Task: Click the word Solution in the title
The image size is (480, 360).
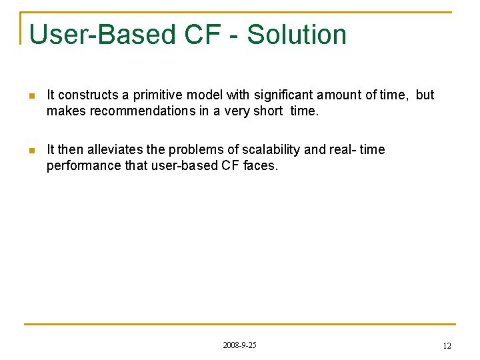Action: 297,35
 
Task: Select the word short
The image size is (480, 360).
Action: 267,111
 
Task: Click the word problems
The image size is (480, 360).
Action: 194,150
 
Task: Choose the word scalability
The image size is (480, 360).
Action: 268,150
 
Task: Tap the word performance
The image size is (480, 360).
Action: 84,166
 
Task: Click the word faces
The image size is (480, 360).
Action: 261,166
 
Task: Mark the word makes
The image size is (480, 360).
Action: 66,111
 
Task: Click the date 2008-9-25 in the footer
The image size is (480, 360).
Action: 239,345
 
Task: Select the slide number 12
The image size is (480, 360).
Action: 447,346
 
